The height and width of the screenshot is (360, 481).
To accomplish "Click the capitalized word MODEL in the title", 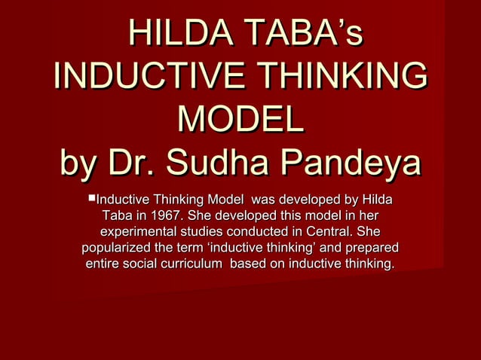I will pyautogui.click(x=240, y=121).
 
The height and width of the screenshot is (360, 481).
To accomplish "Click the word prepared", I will pyautogui.click(x=371, y=248).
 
